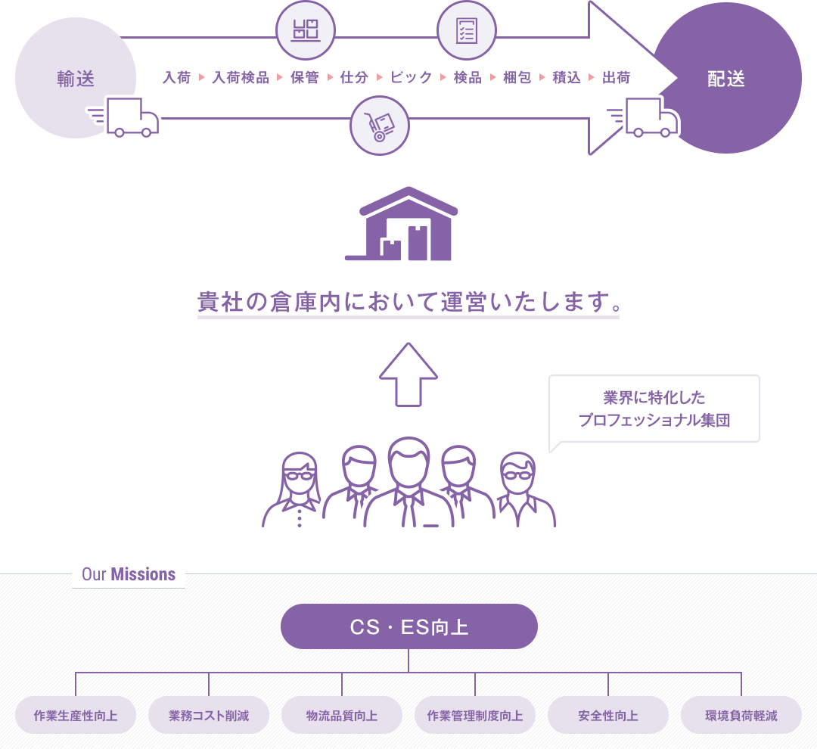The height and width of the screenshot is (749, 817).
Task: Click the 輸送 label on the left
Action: [x=76, y=79]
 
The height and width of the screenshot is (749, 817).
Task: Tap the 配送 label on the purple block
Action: [x=726, y=79]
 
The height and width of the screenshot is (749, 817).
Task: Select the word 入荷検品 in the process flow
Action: [x=241, y=78]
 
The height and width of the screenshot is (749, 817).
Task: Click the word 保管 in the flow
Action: [x=305, y=78]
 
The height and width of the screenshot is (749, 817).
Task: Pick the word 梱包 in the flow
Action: [x=517, y=78]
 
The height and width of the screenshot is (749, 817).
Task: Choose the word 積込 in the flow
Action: [x=567, y=78]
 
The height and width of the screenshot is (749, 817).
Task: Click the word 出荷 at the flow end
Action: [x=616, y=78]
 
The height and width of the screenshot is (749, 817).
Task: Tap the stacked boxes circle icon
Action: [x=306, y=30]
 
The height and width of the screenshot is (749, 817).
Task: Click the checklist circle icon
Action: [x=467, y=30]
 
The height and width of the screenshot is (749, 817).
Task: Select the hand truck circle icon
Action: [x=380, y=126]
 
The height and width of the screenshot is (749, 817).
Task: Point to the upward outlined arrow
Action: [x=408, y=374]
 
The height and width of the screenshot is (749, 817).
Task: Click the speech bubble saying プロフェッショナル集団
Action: [x=654, y=409]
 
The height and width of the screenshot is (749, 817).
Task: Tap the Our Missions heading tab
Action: [x=129, y=574]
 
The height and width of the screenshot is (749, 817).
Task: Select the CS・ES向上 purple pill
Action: [x=409, y=626]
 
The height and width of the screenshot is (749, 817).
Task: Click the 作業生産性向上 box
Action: [x=76, y=716]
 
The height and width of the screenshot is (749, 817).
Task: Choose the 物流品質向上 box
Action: [x=342, y=716]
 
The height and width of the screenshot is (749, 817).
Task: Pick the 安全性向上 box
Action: [x=608, y=716]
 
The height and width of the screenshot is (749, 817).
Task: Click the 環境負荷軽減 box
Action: [x=741, y=716]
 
